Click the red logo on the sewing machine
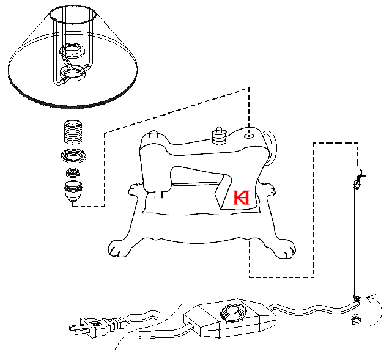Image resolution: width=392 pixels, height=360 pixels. [x=242, y=198]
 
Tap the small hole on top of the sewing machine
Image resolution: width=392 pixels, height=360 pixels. [x=249, y=136]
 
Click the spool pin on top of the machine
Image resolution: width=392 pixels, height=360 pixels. [x=218, y=134]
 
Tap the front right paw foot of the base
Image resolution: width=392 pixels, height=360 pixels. [x=285, y=249]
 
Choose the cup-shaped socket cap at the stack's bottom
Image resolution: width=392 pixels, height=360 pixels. [x=73, y=191]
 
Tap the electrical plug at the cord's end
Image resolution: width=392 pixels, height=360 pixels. [x=92, y=325]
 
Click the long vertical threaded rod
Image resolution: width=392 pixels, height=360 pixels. [x=354, y=238]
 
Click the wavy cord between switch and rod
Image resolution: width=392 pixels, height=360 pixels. [x=312, y=309]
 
